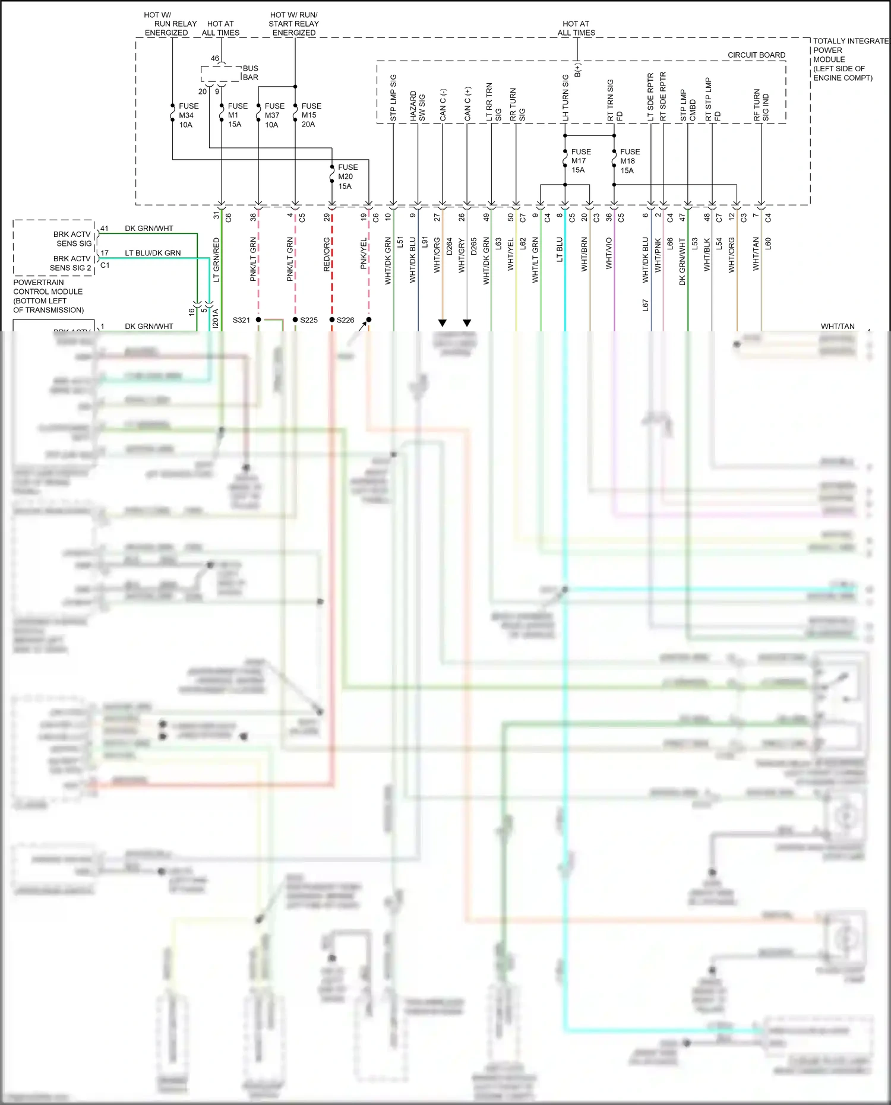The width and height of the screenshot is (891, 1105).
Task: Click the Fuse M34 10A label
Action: click(x=188, y=116)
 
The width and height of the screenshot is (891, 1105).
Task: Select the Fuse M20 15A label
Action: click(x=347, y=177)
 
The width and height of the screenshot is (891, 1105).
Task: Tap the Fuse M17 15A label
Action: click(x=580, y=161)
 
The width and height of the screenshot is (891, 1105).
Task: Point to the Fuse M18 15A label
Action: click(x=630, y=162)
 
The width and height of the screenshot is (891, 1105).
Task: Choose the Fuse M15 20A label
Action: click(x=311, y=115)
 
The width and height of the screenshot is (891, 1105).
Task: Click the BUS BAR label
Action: click(x=251, y=73)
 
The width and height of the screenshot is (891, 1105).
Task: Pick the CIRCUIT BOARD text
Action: click(x=756, y=55)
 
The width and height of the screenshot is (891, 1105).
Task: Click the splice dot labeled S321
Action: click(x=258, y=320)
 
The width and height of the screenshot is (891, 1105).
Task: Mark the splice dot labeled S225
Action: click(x=295, y=320)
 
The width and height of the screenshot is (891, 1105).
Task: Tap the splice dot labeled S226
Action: click(x=332, y=320)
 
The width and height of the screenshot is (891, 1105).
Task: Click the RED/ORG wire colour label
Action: click(x=327, y=255)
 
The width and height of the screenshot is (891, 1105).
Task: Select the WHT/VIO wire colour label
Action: click(x=609, y=254)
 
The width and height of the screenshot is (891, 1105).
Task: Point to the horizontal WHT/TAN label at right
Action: click(x=838, y=327)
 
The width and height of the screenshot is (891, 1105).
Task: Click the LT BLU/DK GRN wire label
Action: click(x=153, y=253)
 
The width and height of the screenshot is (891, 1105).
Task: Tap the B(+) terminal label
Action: click(x=577, y=70)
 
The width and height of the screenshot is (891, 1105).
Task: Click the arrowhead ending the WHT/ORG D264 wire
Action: click(x=443, y=323)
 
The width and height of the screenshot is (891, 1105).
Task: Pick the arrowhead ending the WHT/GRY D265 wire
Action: click(x=467, y=323)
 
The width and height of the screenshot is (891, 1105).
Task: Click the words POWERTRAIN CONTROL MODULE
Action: click(x=48, y=287)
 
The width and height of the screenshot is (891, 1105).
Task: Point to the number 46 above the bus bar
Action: click(x=215, y=58)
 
